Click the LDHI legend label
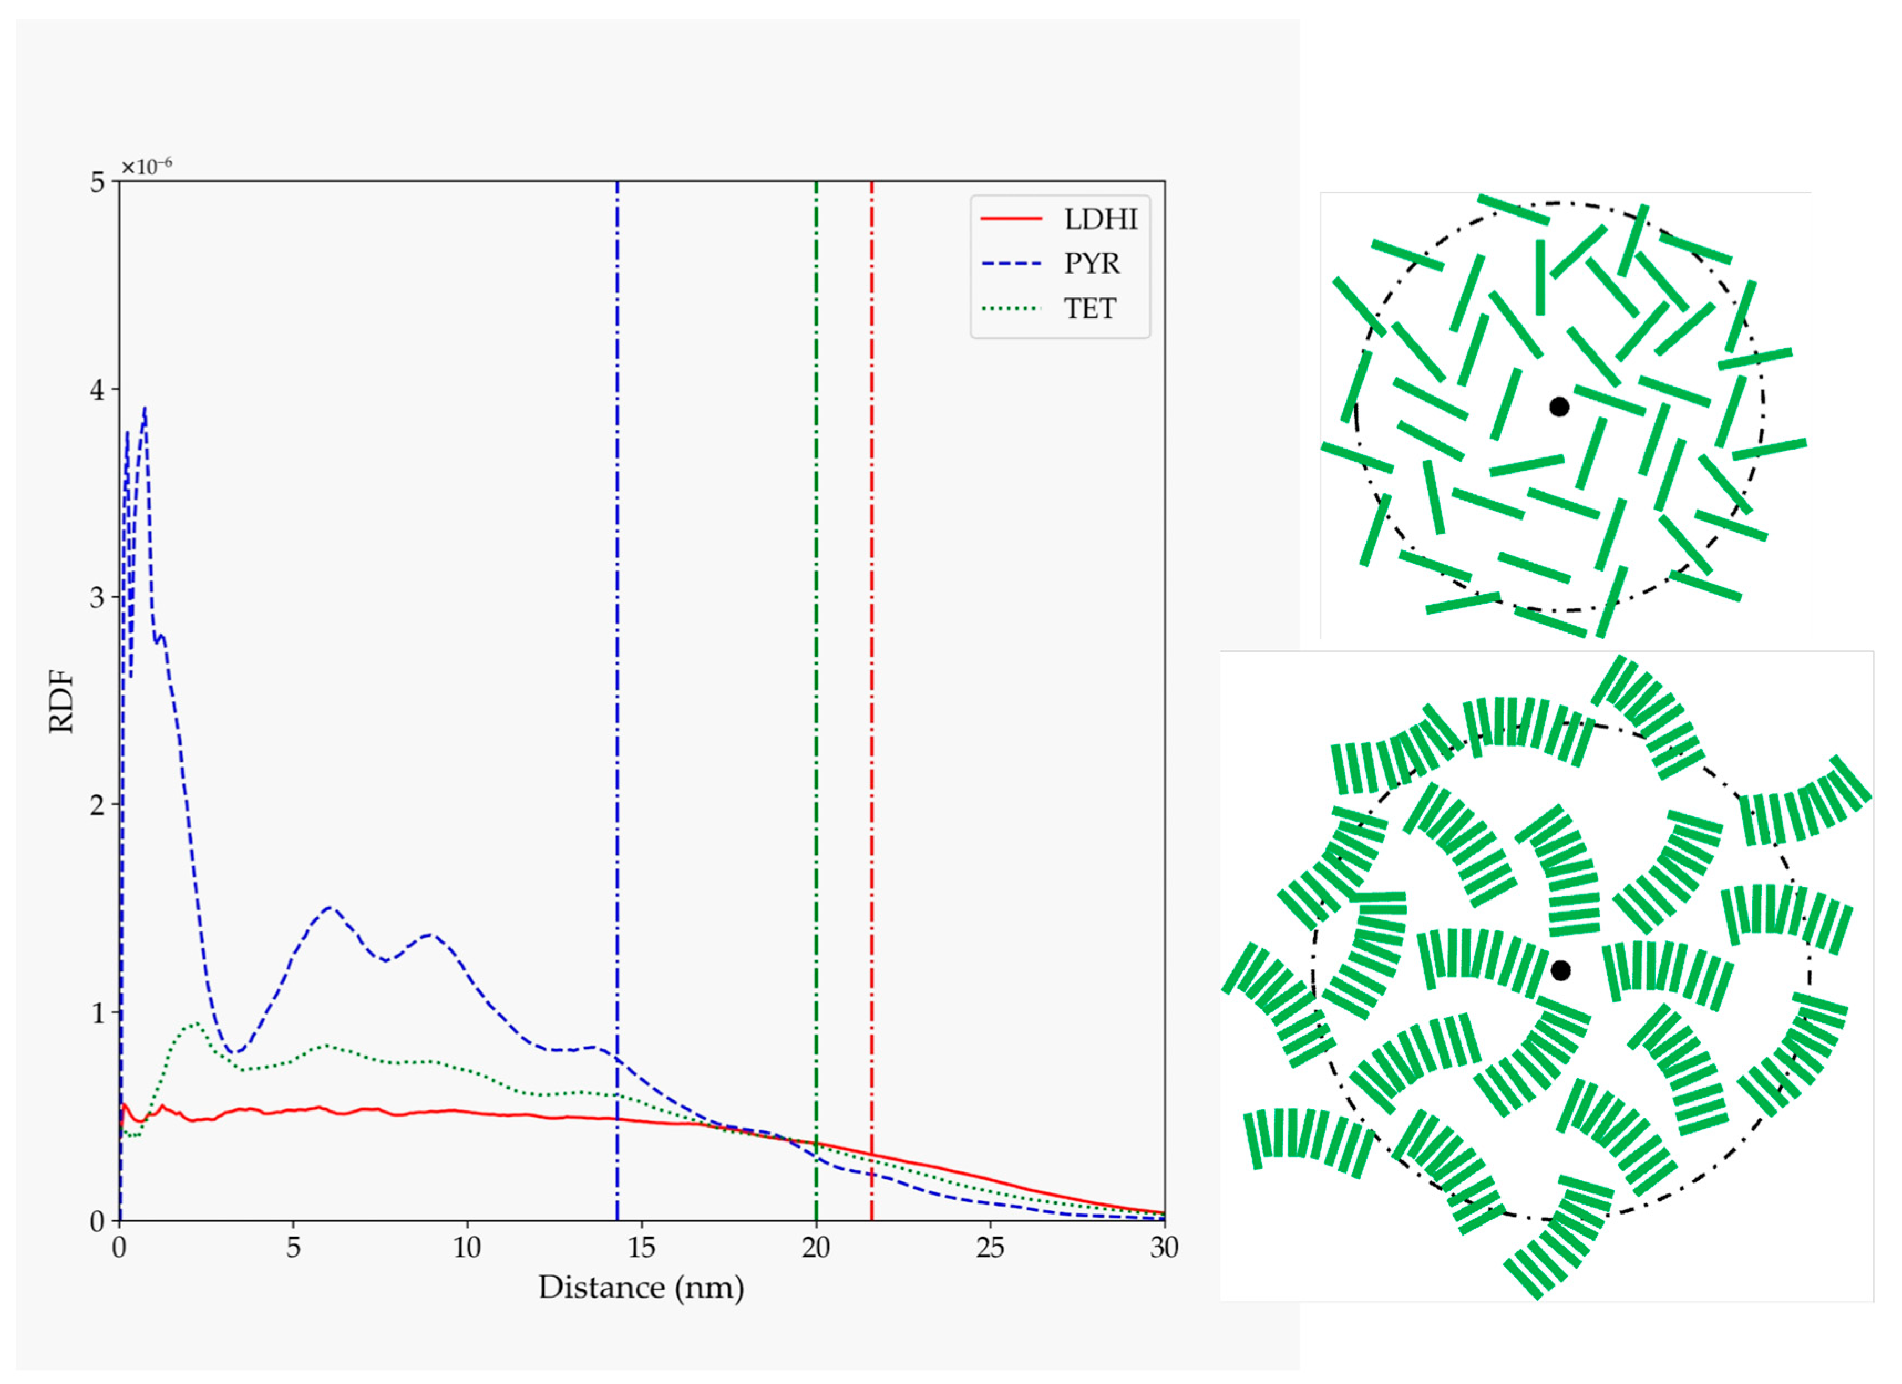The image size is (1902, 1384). (x=1101, y=220)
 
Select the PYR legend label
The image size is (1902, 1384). (x=1092, y=264)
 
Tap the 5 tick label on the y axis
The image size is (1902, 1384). (x=97, y=183)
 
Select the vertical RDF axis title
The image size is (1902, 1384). (x=61, y=701)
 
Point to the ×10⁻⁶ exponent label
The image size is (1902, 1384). (x=147, y=166)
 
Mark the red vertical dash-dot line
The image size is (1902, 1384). (x=871, y=671)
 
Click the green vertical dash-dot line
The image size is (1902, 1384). (x=816, y=671)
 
